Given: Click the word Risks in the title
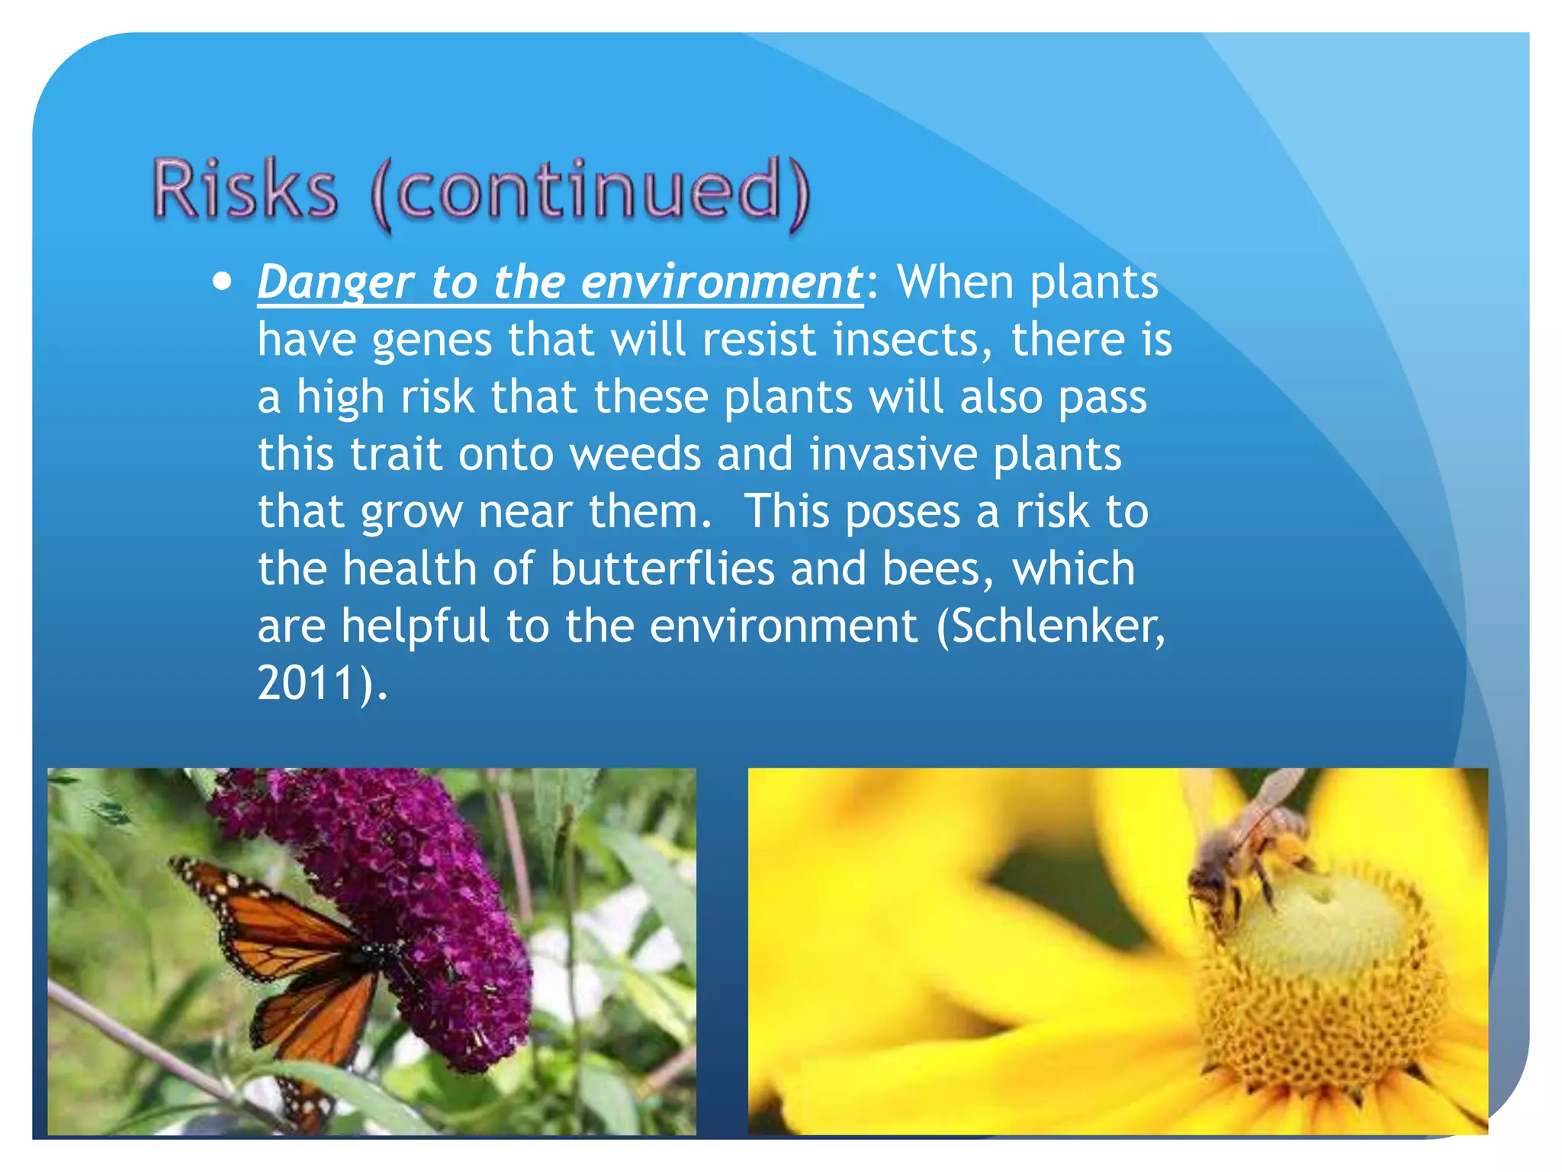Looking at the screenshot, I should tap(244, 188).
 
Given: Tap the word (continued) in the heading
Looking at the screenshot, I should tap(590, 191).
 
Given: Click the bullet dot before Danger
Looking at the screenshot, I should tap(222, 282).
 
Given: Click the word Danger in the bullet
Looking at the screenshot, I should tap(336, 282).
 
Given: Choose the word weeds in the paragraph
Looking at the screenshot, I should tap(635, 454).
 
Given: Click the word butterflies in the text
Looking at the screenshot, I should tap(661, 568).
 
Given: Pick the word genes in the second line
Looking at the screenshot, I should tap(432, 341).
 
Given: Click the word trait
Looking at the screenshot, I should tap(396, 454).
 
